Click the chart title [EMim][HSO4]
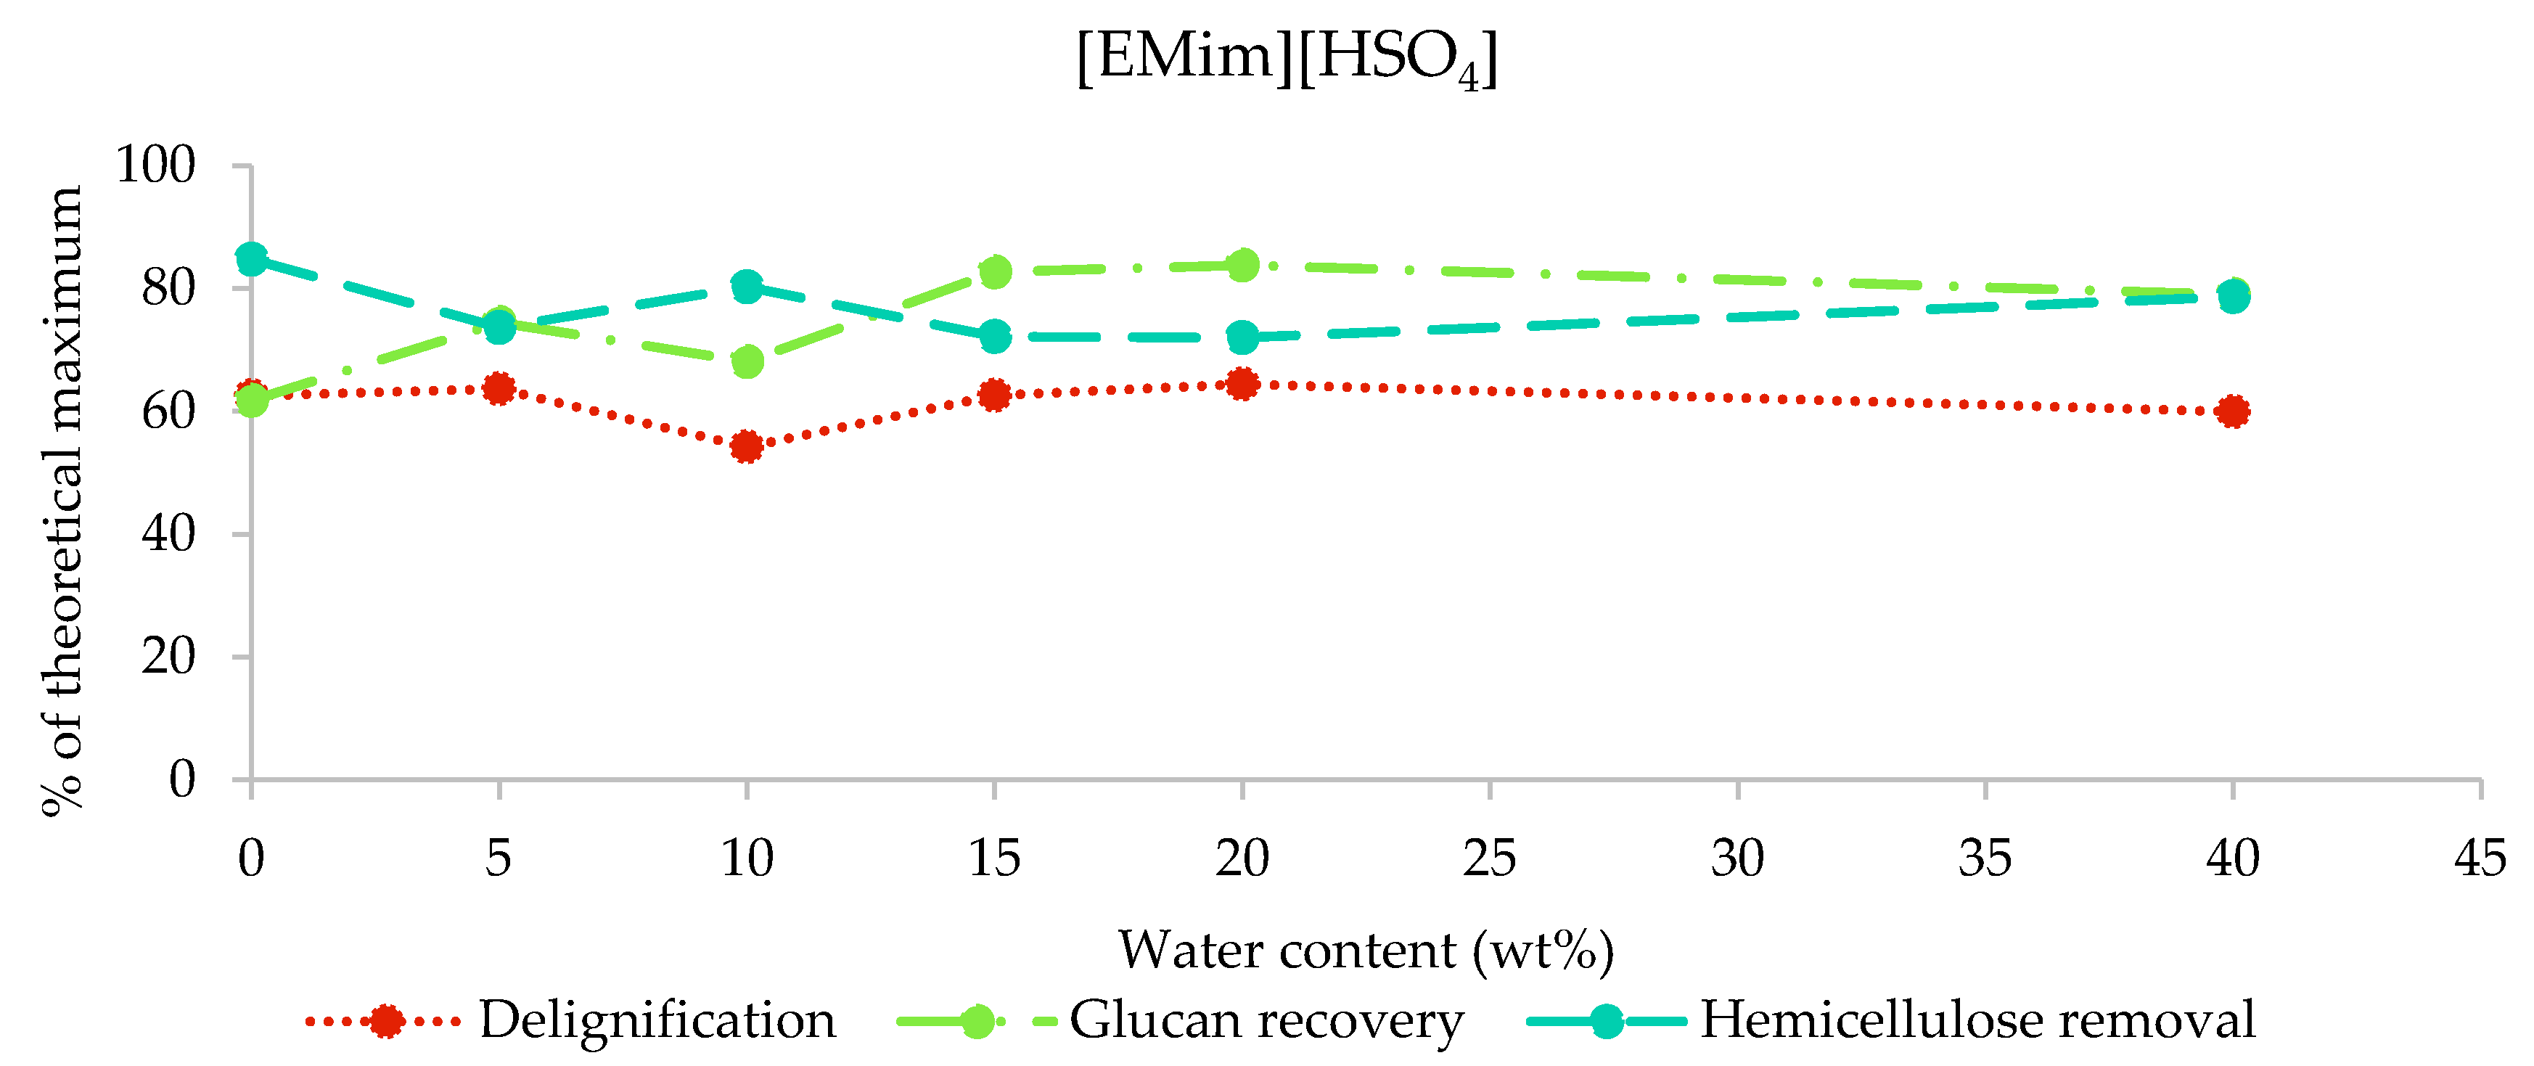tap(1287, 59)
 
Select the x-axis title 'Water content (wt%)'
tap(1366, 950)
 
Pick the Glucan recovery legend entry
tap(1266, 1020)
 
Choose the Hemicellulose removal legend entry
tap(1977, 1020)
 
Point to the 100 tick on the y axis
tap(155, 165)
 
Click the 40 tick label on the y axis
tap(168, 534)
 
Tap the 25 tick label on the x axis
tap(1489, 858)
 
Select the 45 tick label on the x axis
tap(2480, 858)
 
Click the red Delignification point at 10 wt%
tap(747, 446)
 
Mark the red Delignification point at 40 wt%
tap(2233, 411)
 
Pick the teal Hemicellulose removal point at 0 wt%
tap(252, 260)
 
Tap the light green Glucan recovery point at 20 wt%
tap(1242, 265)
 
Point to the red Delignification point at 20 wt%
tap(1242, 384)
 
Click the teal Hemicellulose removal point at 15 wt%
tap(995, 336)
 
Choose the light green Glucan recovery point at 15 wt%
tap(995, 271)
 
